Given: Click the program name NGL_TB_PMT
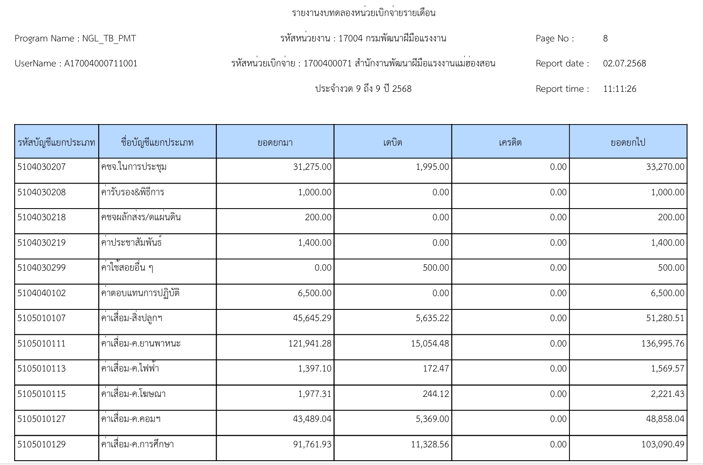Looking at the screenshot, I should click(109, 38).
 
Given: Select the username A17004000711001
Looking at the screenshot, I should click(101, 63).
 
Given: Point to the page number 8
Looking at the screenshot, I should click(605, 38).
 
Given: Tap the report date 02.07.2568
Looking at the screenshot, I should click(624, 63).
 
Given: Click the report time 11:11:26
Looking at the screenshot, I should click(619, 89).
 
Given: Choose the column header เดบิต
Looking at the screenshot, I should click(392, 142).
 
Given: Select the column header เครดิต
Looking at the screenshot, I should click(510, 142).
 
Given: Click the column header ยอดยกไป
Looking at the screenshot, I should click(628, 142).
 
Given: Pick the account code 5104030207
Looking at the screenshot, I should click(42, 167).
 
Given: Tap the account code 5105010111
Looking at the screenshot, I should click(42, 343).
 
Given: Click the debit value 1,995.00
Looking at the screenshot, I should click(432, 167).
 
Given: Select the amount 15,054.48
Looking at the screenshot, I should click(429, 343).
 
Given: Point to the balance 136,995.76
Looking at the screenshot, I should click(663, 343).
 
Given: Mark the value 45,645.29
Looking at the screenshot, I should click(312, 318).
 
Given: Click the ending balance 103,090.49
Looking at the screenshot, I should click(663, 444).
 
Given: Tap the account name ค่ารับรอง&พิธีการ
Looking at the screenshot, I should click(133, 192).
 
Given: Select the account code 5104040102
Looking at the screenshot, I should click(42, 293).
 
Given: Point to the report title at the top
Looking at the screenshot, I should click(364, 13).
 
